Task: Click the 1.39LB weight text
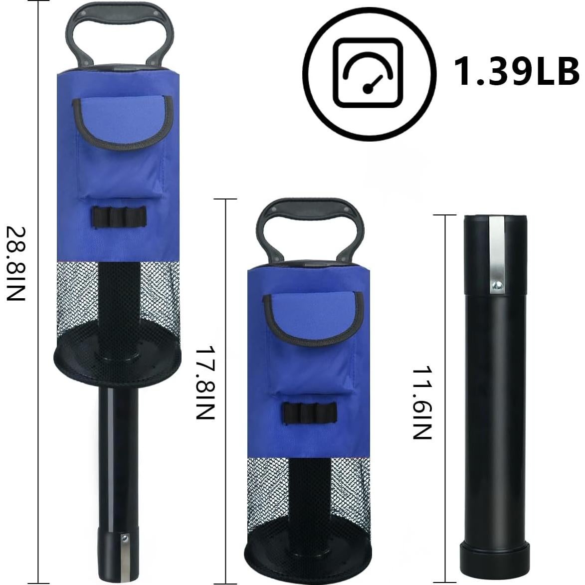[516, 72]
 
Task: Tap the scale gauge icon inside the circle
[368, 73]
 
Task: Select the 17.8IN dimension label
[205, 383]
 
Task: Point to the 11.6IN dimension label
[422, 403]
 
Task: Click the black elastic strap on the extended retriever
[119, 217]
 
